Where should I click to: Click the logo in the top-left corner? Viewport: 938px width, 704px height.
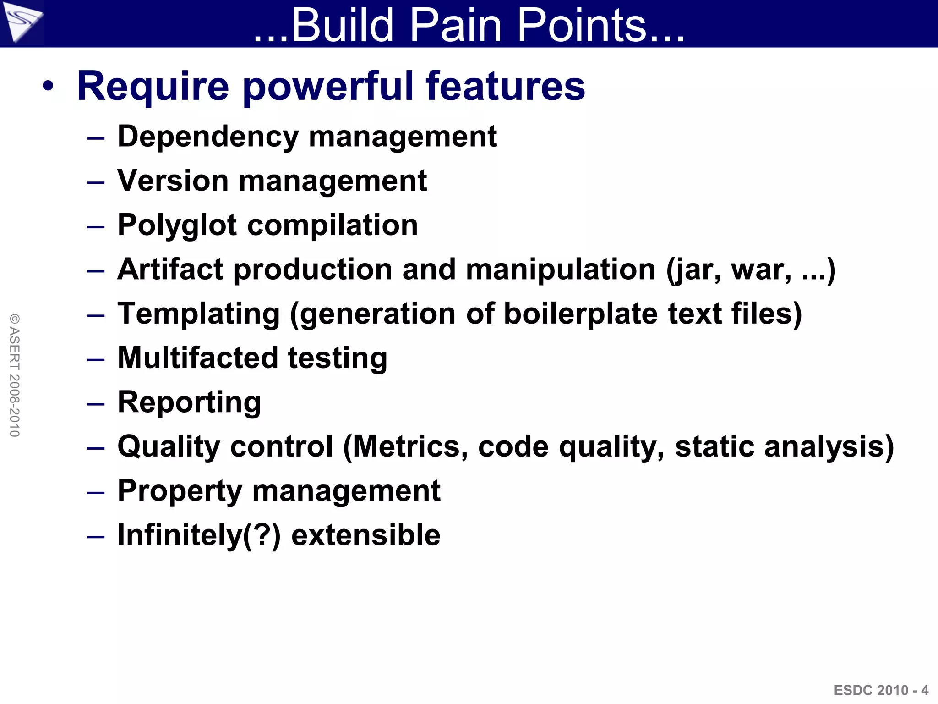tap(22, 22)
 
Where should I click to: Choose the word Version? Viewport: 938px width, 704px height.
tap(173, 181)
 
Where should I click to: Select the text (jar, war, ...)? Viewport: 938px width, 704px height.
tap(751, 269)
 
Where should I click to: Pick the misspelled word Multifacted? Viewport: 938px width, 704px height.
tap(197, 357)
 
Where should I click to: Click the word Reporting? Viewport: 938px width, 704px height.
tap(189, 402)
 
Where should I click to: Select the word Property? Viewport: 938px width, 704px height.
tap(180, 491)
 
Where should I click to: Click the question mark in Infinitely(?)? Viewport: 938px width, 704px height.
tap(262, 534)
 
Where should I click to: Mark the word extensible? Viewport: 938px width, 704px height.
tap(365, 534)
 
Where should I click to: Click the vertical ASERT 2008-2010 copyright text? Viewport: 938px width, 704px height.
tap(15, 375)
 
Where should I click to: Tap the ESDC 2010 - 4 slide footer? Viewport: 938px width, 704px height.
tap(881, 690)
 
